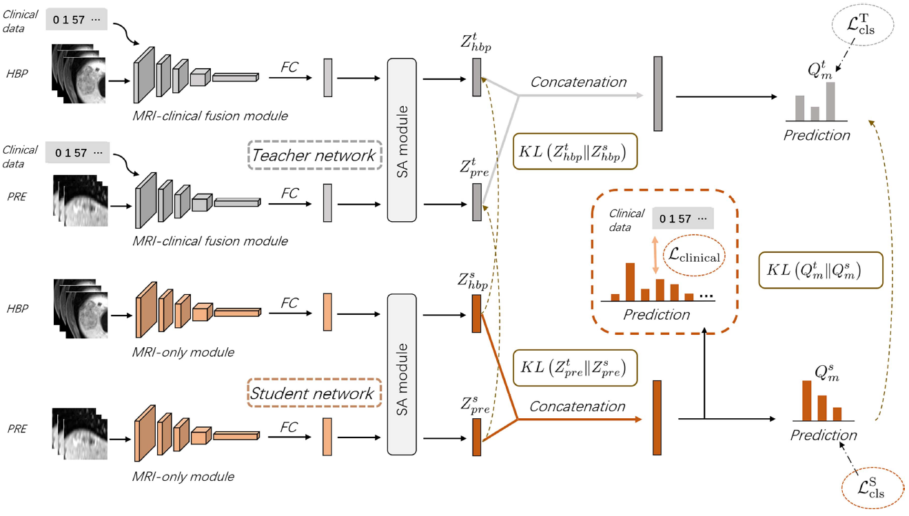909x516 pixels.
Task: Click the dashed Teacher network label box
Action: (314, 155)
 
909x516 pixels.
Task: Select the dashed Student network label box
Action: (314, 393)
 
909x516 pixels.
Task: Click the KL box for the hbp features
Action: (575, 151)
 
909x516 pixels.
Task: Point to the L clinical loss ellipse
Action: (693, 256)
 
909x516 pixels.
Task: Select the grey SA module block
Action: (402, 141)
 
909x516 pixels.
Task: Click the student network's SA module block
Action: (402, 375)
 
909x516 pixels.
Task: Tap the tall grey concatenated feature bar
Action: (657, 94)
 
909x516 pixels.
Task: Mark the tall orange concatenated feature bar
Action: (657, 417)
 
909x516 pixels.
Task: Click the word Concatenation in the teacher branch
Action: (578, 82)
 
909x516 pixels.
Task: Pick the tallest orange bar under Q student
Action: (807, 400)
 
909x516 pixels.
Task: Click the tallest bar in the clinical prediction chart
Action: (630, 281)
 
